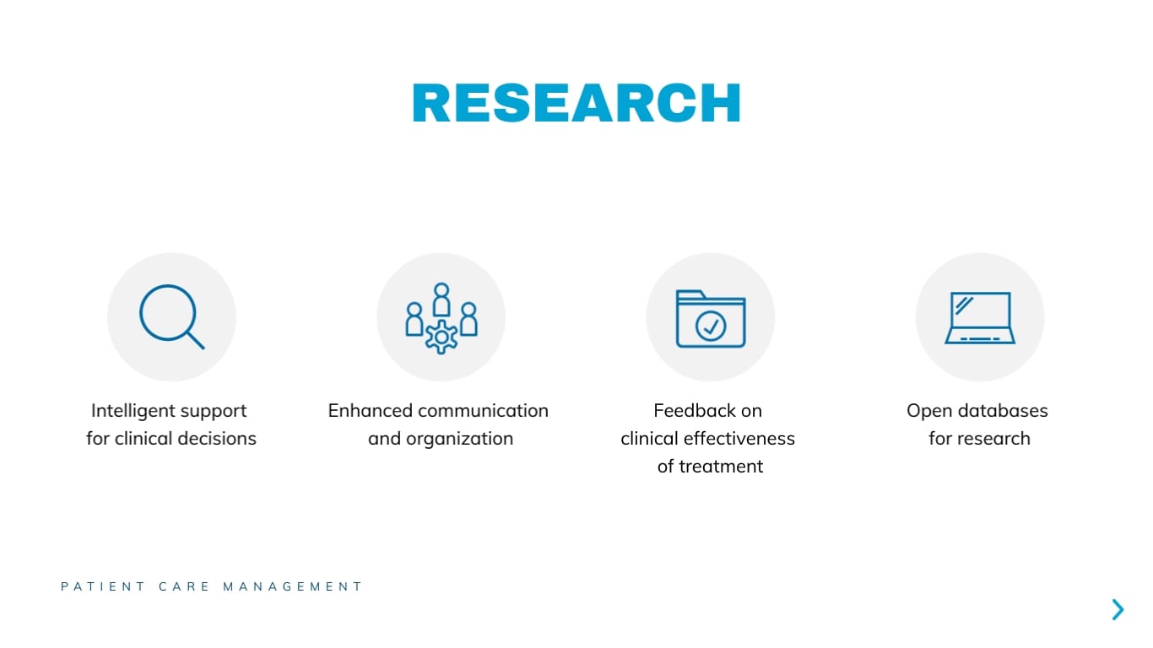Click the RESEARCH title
576,103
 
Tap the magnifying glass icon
171,317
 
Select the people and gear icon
441,317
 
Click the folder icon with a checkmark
710,318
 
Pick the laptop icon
979,318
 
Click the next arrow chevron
1118,609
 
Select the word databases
1002,411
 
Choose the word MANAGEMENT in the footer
293,586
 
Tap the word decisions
217,439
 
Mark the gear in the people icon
441,337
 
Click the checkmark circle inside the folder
711,327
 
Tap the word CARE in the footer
184,586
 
